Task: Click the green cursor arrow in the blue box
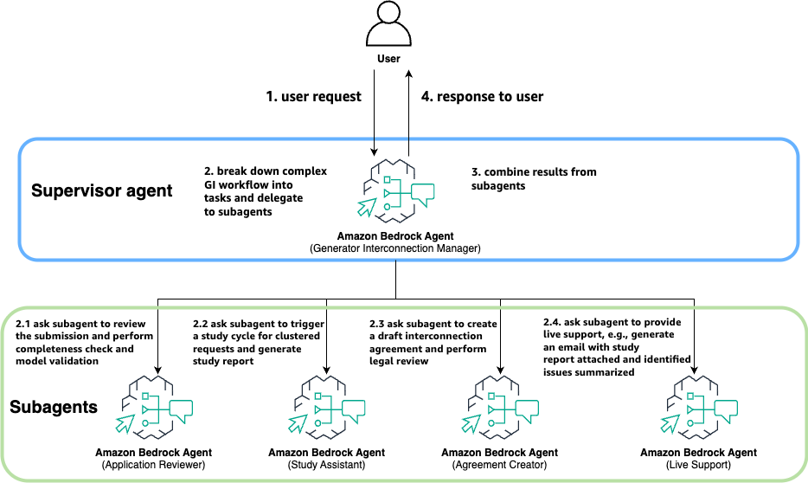[367, 208]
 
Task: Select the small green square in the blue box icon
[387, 179]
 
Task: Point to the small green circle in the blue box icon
[387, 207]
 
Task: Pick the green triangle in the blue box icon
[387, 193]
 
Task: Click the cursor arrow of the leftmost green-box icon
[125, 424]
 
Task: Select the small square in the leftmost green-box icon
[144, 396]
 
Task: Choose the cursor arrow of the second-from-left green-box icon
[298, 424]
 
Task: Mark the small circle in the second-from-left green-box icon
[317, 423]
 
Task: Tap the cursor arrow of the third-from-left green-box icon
[471, 424]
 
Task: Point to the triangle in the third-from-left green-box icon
[491, 409]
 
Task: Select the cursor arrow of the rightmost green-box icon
[670, 424]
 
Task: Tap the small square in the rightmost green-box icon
[689, 396]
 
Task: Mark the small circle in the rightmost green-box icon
[689, 423]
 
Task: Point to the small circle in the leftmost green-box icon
[144, 423]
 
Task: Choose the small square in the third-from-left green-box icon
[491, 396]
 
